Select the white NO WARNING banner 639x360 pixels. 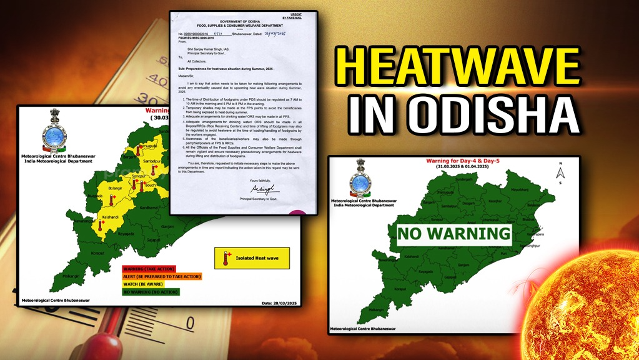point(455,234)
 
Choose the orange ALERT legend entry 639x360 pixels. point(162,276)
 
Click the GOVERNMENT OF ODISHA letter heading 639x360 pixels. point(245,21)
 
